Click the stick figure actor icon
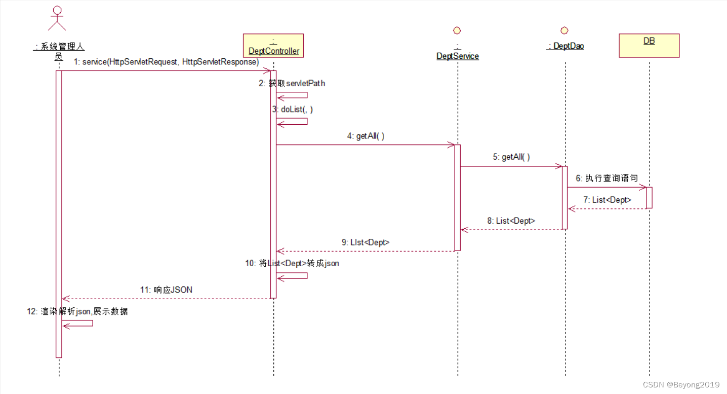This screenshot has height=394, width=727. (57, 19)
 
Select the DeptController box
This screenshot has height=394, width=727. (273, 46)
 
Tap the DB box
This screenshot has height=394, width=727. (649, 46)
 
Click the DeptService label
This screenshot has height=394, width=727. (458, 56)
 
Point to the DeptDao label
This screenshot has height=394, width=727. (565, 46)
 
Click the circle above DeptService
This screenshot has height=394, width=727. (457, 30)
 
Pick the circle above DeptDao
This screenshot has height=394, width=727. (564, 30)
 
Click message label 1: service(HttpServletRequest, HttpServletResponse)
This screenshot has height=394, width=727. (167, 62)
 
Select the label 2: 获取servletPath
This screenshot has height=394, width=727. (292, 83)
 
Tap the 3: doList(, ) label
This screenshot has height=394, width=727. (292, 110)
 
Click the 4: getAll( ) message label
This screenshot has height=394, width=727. (366, 136)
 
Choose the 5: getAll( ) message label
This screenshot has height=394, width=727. (511, 157)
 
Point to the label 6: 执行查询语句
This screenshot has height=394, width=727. (607, 178)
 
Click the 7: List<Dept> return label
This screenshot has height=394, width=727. (607, 200)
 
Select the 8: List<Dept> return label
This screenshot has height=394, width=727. (511, 221)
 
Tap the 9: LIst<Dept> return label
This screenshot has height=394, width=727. (366, 242)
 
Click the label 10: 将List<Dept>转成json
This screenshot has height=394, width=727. (292, 264)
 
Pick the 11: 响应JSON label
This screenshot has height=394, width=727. (166, 290)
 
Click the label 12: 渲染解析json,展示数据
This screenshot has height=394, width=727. (77, 311)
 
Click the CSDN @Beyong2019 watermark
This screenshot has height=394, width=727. (681, 385)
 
